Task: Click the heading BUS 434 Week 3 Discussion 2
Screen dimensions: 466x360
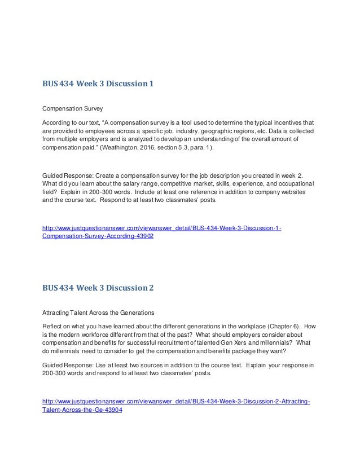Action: pos(98,288)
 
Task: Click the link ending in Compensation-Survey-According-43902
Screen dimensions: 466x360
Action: pos(98,237)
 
